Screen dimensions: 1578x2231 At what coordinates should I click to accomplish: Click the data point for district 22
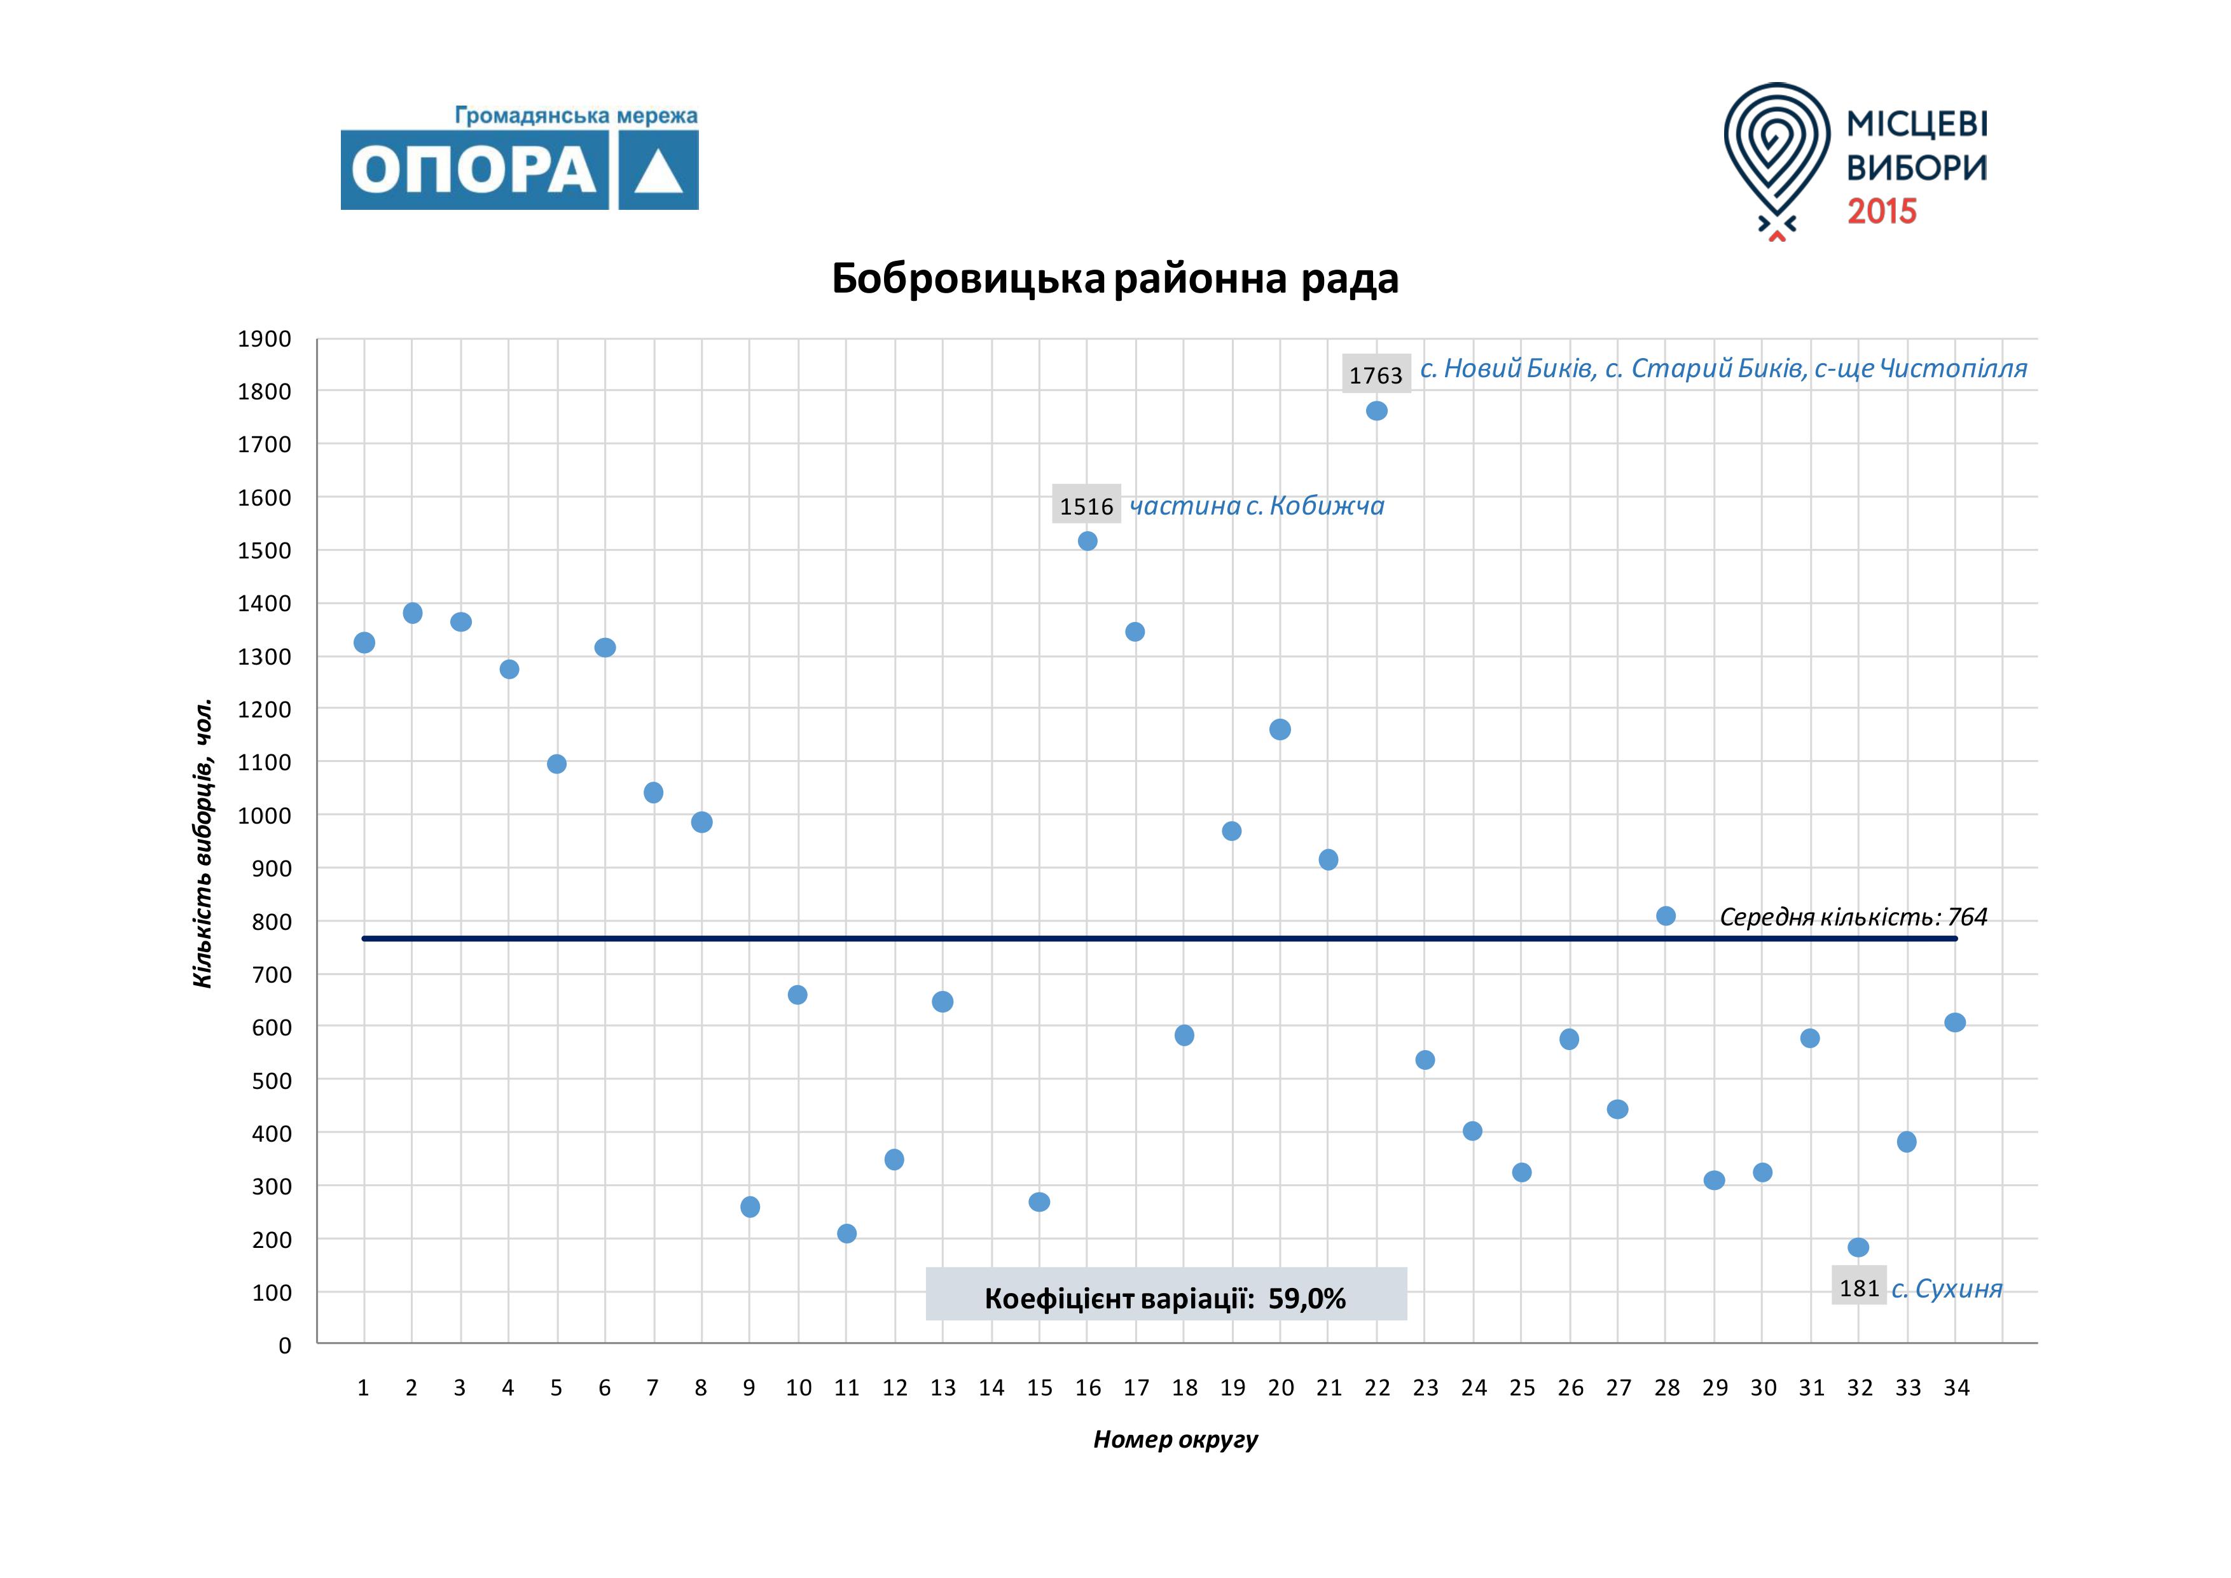coord(1376,411)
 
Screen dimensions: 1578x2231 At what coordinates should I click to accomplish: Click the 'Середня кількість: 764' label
coord(1853,917)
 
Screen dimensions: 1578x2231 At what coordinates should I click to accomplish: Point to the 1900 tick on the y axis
coord(265,339)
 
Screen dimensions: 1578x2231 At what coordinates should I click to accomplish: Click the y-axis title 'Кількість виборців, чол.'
coord(202,843)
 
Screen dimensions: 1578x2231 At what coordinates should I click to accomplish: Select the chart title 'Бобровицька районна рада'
coord(1114,279)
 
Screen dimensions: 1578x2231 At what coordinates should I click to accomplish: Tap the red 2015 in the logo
coord(1881,211)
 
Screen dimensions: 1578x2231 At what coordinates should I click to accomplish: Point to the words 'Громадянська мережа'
coord(576,116)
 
